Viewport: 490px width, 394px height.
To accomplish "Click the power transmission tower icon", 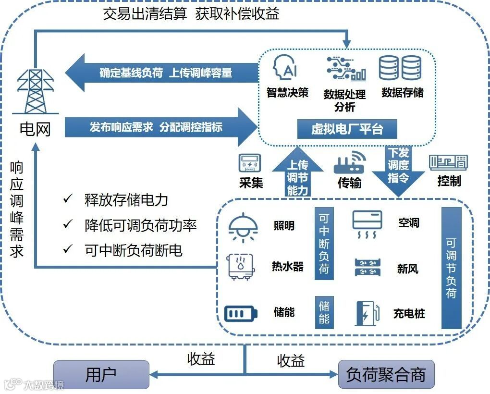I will coord(35,91).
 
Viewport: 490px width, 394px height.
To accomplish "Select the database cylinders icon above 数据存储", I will coord(400,68).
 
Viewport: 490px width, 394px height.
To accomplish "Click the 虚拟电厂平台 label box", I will coord(347,129).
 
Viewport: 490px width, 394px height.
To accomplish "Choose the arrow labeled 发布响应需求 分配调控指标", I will coord(159,127).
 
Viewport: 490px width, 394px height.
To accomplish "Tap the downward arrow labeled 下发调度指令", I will coord(398,168).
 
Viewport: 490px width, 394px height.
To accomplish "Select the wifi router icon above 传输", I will coord(350,163).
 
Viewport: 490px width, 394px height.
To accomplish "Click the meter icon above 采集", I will coord(250,164).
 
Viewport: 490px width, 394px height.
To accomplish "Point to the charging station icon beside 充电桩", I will coord(367,313).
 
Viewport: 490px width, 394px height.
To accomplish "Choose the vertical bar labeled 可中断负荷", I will coord(324,243).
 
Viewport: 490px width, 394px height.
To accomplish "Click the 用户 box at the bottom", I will coord(101,375).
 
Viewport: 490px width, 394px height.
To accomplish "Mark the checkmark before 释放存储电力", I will coord(67,198).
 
